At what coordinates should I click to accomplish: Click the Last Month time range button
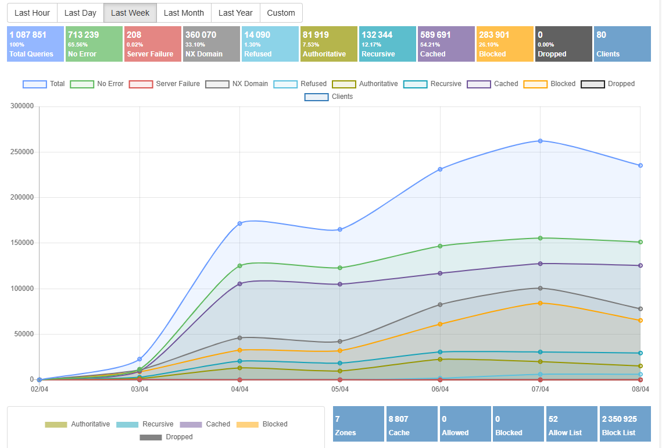[x=184, y=13]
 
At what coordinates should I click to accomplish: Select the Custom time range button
[x=281, y=13]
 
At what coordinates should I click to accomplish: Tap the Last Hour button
[x=32, y=13]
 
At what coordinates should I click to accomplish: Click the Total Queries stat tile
[x=35, y=44]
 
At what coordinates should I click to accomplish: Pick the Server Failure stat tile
[x=153, y=44]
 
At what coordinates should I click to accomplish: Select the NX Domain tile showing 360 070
[x=212, y=44]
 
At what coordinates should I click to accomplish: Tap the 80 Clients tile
[x=622, y=44]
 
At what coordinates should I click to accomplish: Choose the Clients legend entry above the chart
[x=329, y=97]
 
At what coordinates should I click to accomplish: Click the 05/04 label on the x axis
[x=340, y=389]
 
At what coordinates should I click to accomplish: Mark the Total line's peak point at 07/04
[x=540, y=141]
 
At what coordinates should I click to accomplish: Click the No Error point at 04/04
[x=239, y=265]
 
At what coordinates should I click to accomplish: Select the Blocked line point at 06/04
[x=440, y=324]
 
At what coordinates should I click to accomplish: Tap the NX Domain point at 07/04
[x=540, y=288]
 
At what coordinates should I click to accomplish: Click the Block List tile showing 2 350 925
[x=625, y=425]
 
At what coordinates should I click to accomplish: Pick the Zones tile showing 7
[x=359, y=425]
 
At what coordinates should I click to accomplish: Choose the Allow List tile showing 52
[x=572, y=425]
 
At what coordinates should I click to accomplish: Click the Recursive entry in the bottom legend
[x=145, y=424]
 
